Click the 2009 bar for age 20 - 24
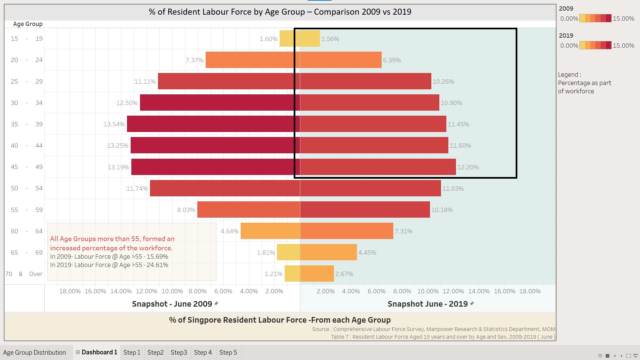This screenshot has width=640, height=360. tap(253, 60)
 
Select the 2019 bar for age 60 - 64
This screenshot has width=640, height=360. tap(347, 231)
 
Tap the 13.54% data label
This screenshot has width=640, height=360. tap(114, 124)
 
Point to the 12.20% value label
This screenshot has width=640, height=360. tap(468, 167)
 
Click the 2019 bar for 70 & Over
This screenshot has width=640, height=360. tap(317, 274)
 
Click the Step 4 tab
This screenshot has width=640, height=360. tap(203, 352)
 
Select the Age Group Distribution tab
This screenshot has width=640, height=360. tap(35, 352)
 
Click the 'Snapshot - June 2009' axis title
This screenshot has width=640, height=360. tap(172, 304)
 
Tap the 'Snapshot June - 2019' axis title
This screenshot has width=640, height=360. tap(428, 304)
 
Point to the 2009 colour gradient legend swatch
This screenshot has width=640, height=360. tap(595, 18)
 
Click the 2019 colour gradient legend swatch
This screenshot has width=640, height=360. tap(595, 45)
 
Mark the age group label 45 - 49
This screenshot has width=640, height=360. tap(27, 167)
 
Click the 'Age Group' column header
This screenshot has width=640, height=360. tap(28, 24)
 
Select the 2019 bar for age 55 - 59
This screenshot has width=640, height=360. tap(365, 210)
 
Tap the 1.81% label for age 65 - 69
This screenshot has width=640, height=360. tap(266, 253)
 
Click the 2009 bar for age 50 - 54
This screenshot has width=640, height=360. tap(225, 188)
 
